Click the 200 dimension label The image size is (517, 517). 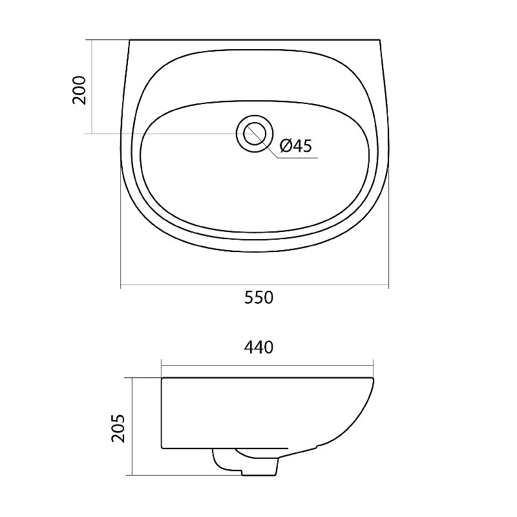coord(79,90)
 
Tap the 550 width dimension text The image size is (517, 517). coord(259,297)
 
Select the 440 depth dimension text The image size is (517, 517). coord(259,347)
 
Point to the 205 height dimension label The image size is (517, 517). coord(118,428)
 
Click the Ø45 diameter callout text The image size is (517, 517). coord(296,146)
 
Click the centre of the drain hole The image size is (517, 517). coord(255,134)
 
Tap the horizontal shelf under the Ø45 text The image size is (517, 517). coord(297,158)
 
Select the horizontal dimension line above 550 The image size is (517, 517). coord(255,285)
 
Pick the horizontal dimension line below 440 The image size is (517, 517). coord(267,365)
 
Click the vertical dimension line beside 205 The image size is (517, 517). coord(132,427)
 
